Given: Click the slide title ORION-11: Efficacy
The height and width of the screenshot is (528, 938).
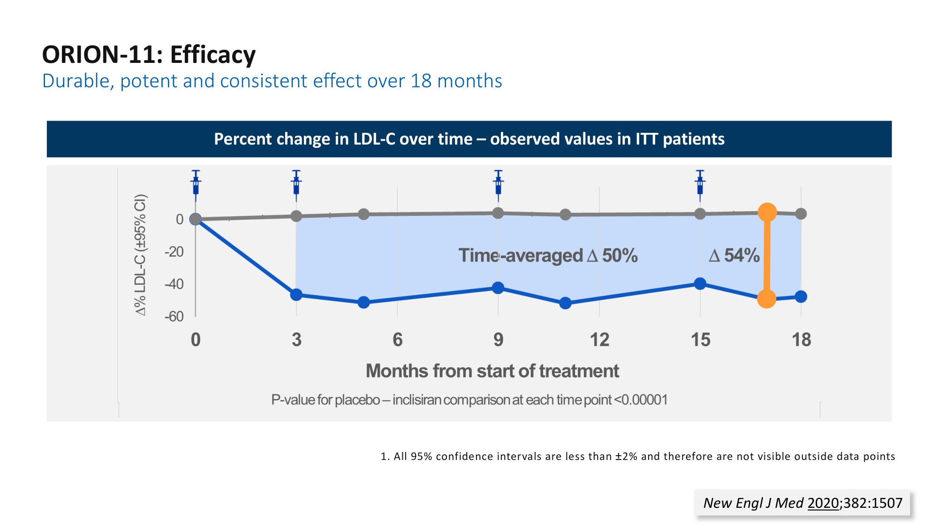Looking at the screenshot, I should (149, 54).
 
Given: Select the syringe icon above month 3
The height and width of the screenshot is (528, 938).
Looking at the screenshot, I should (296, 183).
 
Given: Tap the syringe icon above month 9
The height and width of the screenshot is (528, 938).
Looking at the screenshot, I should (498, 183).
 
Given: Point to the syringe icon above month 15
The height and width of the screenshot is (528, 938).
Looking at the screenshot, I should (700, 183).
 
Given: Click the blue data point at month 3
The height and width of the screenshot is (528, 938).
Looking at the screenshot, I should (296, 295).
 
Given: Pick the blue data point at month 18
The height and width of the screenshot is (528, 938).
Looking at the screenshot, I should (801, 297).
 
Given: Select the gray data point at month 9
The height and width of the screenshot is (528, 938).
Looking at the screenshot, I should (498, 213).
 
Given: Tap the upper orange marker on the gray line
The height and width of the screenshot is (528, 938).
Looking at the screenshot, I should (767, 213).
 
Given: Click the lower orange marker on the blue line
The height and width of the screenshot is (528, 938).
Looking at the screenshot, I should (766, 298).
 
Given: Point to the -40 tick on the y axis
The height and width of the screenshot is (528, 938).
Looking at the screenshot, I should (174, 284).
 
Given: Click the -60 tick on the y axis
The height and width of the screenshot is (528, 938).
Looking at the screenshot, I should (174, 316).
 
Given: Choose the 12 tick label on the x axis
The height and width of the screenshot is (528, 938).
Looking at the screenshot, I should (599, 340).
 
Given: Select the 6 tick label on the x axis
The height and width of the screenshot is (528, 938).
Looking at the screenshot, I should (397, 340).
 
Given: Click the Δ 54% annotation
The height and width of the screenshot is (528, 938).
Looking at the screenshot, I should (734, 256).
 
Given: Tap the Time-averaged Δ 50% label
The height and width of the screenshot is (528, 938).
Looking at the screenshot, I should (548, 256).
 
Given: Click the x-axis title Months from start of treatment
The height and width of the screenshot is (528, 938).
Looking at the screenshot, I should (492, 371).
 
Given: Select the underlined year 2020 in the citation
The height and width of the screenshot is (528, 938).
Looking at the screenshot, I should (823, 503).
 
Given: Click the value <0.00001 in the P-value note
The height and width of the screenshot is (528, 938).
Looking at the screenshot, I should (641, 400).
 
